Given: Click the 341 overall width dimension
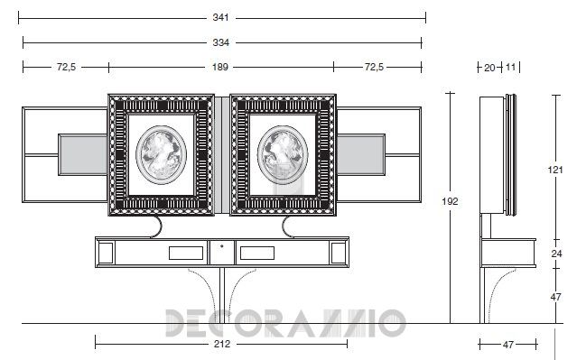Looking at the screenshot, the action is point(220,17).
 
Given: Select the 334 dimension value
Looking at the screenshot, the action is point(221,42).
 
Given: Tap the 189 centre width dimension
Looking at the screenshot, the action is point(220,67).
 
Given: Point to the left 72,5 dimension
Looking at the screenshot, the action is point(66,67).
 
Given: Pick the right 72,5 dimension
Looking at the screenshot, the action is point(374,67).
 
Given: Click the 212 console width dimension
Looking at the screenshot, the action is point(222,344).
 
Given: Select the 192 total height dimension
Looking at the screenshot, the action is point(450,201).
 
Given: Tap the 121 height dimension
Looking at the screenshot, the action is point(555,170).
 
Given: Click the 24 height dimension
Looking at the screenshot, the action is point(556,254).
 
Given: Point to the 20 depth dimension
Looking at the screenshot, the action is point(489,68).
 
